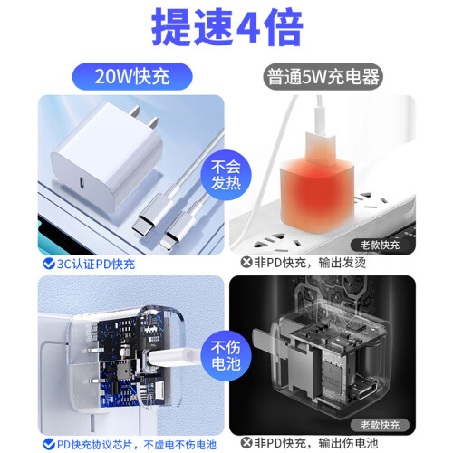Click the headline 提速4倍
[227, 28]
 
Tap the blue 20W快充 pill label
[132, 76]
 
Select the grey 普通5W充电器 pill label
[323, 76]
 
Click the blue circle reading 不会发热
[226, 175]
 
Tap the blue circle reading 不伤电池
[226, 355]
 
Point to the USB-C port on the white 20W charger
[82, 182]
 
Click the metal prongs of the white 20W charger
[145, 116]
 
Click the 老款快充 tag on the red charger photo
[380, 245]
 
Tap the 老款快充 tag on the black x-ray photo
[380, 425]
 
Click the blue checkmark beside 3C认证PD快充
[49, 264]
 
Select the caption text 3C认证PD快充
[96, 264]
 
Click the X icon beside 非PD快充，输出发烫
[246, 262]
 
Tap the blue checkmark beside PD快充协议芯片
[49, 444]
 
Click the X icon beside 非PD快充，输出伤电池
[246, 443]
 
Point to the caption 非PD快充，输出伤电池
[316, 443]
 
